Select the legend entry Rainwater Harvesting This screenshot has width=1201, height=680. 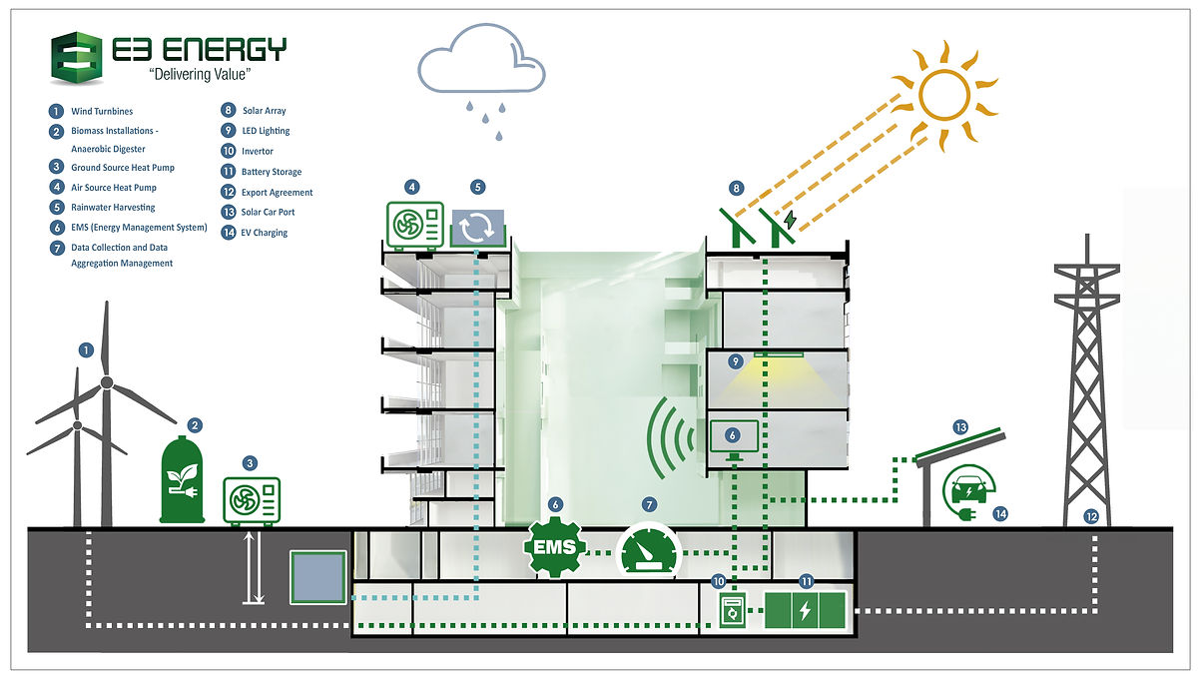pos(113,208)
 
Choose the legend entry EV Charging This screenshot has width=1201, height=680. pos(264,233)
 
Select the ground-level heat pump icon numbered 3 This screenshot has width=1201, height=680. pos(251,500)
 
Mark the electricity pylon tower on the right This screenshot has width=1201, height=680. pos(1089,389)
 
